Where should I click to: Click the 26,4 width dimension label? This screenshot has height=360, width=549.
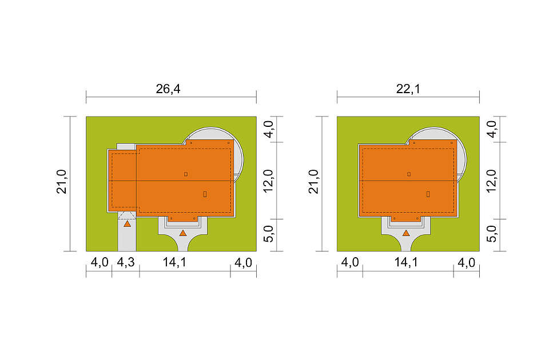point(168,89)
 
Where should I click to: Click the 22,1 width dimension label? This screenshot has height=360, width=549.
point(408,89)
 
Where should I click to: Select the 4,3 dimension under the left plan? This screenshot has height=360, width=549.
point(126,262)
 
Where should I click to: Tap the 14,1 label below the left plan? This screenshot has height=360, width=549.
point(174,262)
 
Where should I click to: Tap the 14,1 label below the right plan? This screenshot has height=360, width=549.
point(406,262)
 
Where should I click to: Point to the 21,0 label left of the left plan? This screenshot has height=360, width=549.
point(62,182)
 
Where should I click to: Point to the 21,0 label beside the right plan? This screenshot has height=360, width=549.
point(314,182)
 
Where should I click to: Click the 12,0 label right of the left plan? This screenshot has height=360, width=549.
point(268,181)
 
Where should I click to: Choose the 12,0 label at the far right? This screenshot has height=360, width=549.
point(492,181)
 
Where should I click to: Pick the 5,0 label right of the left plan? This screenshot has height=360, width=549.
point(268,234)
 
